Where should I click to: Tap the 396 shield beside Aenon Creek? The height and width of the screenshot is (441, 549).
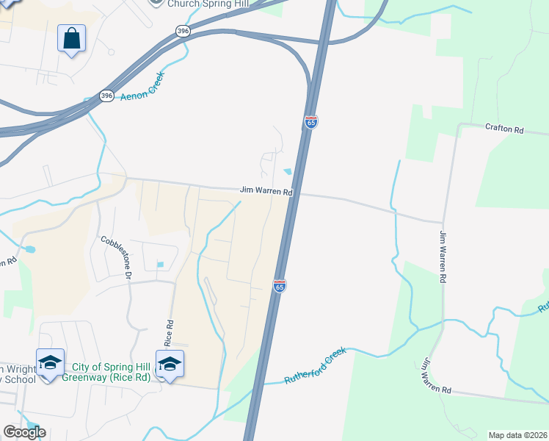(x=107, y=96)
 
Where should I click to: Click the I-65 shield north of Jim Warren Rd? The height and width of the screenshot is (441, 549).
(x=311, y=122)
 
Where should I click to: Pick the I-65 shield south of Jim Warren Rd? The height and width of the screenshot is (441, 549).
(x=280, y=285)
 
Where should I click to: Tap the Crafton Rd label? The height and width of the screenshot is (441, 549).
(x=504, y=130)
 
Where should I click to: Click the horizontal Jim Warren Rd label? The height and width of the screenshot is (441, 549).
(x=266, y=191)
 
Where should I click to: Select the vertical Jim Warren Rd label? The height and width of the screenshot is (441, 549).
(x=443, y=257)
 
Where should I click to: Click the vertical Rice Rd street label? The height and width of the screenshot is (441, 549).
(x=169, y=333)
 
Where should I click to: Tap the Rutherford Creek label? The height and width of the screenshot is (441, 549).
(x=315, y=366)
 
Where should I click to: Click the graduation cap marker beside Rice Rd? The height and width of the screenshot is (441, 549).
(x=170, y=364)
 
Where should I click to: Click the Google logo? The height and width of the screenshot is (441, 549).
(x=24, y=432)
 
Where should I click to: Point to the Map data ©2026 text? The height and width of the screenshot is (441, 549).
(x=518, y=434)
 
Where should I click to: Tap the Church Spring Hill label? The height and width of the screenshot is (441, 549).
(x=208, y=3)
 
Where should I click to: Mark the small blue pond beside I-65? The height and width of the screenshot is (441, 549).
(x=287, y=172)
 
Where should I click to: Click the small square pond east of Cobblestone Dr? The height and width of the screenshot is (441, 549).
(x=160, y=265)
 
